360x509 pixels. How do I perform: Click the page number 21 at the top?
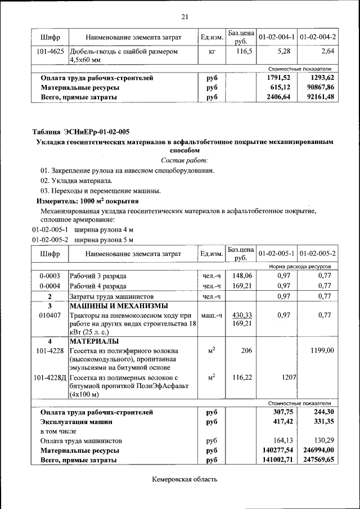(x=184, y=15)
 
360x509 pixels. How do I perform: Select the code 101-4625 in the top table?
(x=49, y=52)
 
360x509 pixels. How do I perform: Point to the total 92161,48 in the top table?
(x=317, y=97)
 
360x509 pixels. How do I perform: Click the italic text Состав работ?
(x=184, y=160)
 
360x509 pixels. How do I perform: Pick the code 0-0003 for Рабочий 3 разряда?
(x=49, y=276)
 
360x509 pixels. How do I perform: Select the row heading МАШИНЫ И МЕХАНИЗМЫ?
(x=118, y=306)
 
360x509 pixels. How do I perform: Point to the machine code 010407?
(x=49, y=316)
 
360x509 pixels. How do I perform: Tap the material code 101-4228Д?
(x=49, y=377)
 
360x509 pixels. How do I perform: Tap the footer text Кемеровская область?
(x=184, y=479)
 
